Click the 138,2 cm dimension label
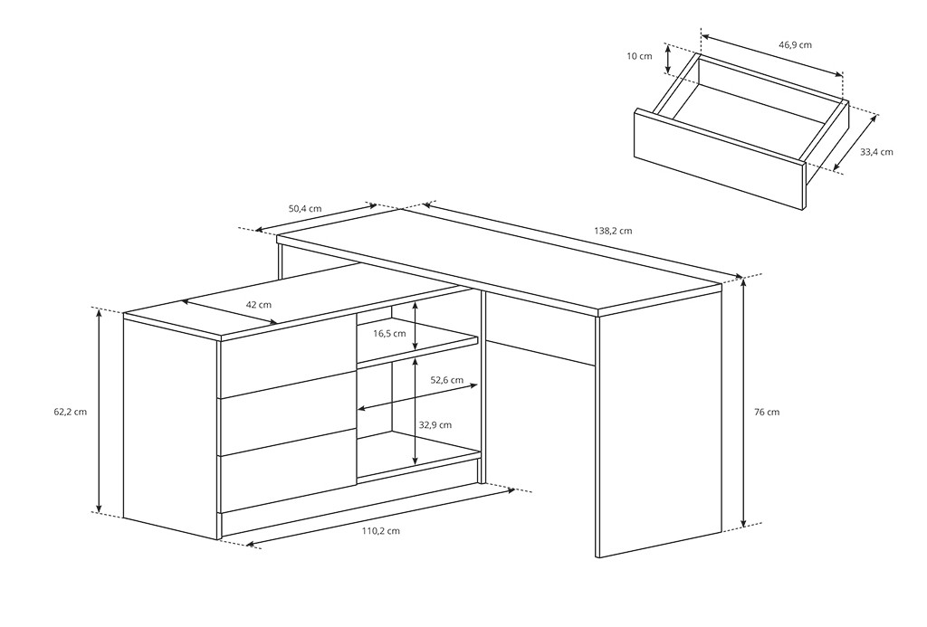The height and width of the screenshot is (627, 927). pos(613,231)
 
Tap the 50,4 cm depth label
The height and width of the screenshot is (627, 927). pos(305,209)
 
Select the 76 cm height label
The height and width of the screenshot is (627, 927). pos(767,412)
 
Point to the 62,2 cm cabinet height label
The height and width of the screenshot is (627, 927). pos(71,412)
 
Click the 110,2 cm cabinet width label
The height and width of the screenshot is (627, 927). pos(381,531)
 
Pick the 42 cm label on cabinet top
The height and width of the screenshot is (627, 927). pos(258,305)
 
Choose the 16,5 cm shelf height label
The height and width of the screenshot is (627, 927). pos(389,333)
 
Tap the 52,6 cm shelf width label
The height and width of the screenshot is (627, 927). pos(447,380)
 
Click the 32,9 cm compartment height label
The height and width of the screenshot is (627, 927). pos(435,425)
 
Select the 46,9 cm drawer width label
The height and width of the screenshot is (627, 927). pos(795,45)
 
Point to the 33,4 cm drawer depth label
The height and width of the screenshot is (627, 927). pos(876,152)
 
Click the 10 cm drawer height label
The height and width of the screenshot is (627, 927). pos(639,56)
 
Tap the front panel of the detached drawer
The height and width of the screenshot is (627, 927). pos(720,159)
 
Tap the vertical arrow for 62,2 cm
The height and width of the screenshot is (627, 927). pos(100,411)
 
